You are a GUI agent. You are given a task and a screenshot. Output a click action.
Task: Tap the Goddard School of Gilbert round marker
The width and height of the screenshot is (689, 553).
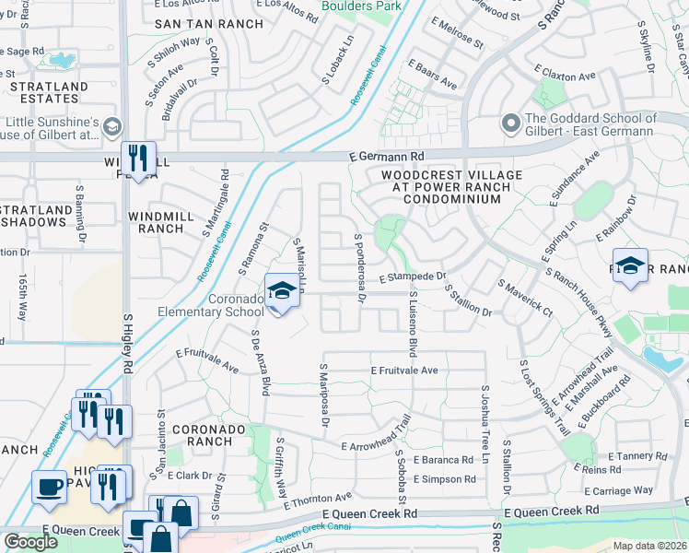pos(510,123)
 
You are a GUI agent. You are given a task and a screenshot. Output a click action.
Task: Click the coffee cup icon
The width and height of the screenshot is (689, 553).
pos(48,486)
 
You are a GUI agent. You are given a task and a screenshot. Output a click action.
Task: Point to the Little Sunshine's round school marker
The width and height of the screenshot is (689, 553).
pos(112,126)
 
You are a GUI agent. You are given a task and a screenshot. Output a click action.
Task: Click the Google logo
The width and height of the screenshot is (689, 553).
pos(30,541)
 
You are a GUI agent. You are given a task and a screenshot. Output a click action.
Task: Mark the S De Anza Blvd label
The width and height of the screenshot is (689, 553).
pos(260,363)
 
